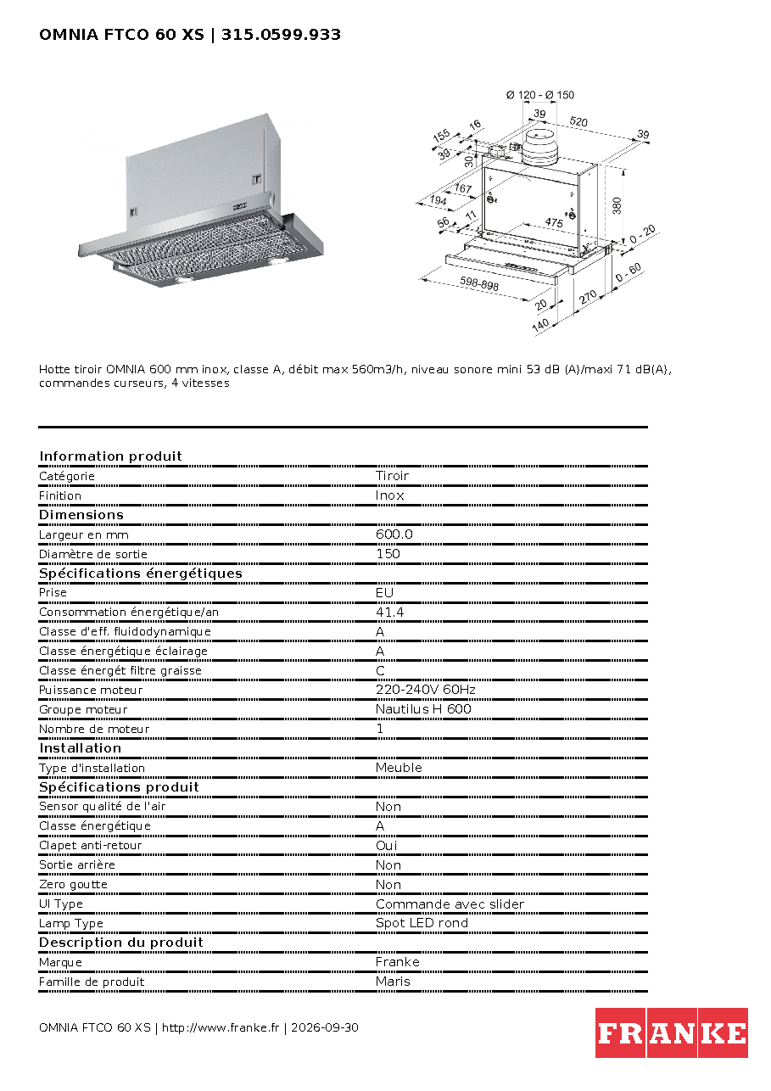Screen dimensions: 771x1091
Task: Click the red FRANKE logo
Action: (x=671, y=1032)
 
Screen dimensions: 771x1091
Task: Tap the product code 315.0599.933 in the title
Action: (x=281, y=35)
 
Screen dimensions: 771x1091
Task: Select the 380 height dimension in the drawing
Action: (x=617, y=206)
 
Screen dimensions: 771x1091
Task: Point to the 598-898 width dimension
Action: (x=479, y=284)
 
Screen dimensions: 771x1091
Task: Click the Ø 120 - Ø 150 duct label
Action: (x=540, y=95)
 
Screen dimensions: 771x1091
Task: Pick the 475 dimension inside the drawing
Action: (x=554, y=222)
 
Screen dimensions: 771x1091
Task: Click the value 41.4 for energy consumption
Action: (x=389, y=613)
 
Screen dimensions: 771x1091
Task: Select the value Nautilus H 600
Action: (x=423, y=709)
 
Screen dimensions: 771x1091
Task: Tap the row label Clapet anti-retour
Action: (x=90, y=846)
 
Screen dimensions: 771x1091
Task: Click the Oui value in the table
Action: (x=386, y=846)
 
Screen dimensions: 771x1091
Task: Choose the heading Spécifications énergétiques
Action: (x=140, y=573)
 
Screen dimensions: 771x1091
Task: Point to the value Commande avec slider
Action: (x=450, y=904)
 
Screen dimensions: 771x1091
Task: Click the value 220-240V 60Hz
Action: (x=425, y=690)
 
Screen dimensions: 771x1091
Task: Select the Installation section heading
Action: (x=80, y=748)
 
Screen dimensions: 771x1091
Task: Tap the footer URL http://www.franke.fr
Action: (x=221, y=1027)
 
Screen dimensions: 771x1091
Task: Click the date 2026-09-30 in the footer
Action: (x=324, y=1027)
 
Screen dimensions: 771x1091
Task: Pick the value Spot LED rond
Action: (x=422, y=923)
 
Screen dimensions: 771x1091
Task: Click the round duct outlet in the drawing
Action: (x=540, y=148)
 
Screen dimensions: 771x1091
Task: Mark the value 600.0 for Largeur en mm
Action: (x=394, y=534)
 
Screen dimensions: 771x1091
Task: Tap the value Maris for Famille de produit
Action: (x=393, y=982)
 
